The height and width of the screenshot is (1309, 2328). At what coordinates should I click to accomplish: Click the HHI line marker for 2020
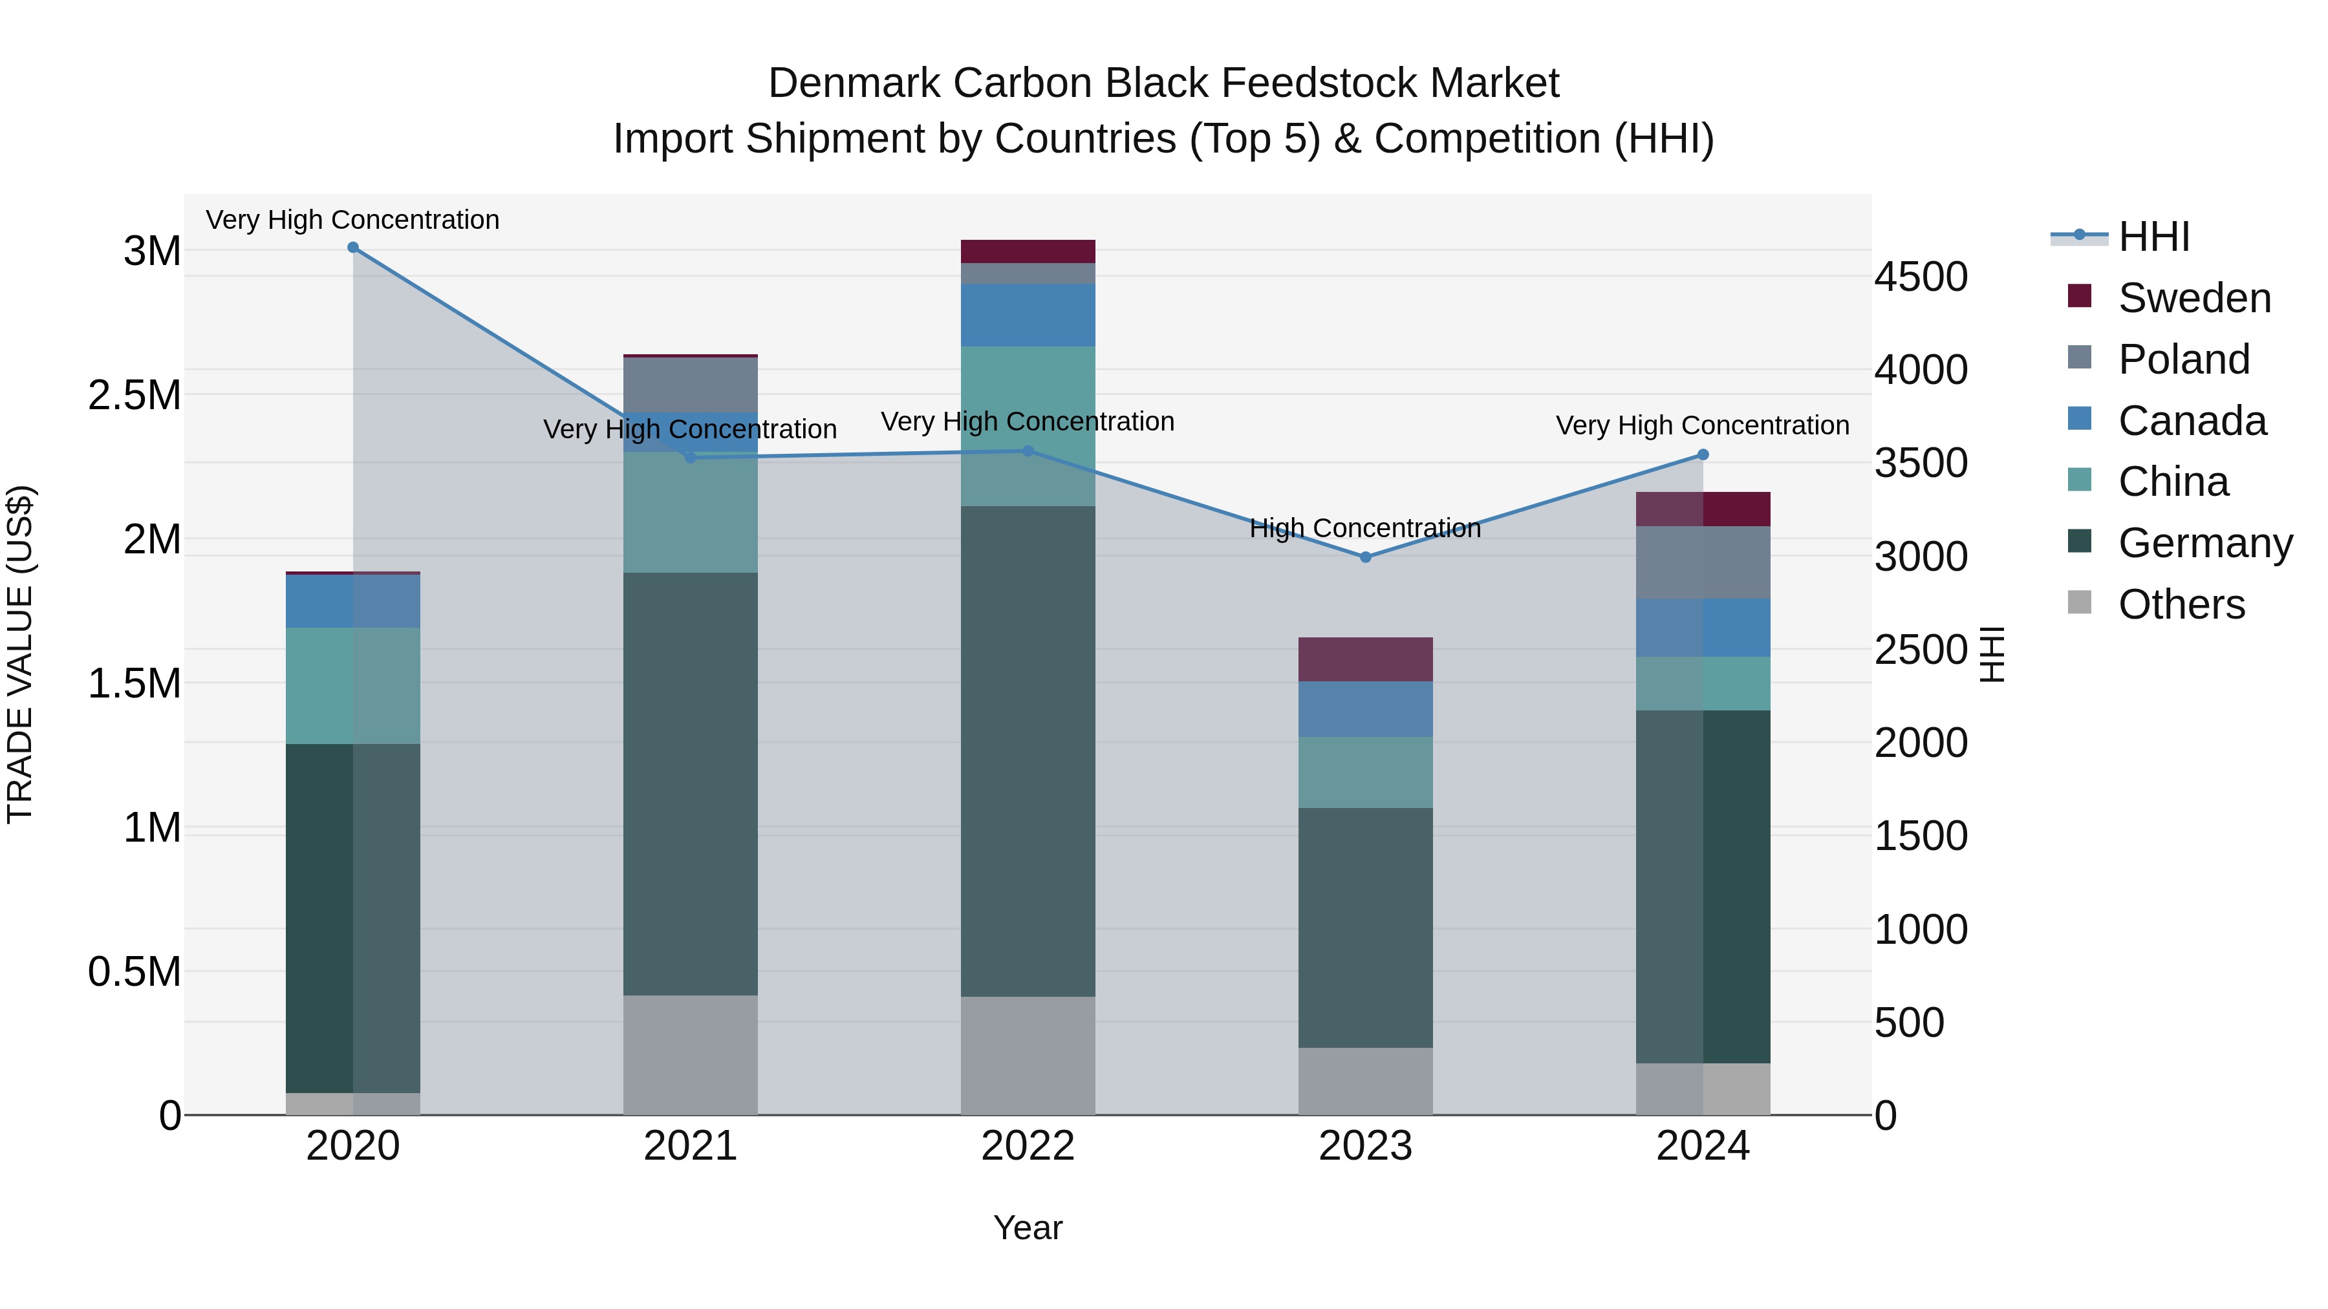pyautogui.click(x=353, y=248)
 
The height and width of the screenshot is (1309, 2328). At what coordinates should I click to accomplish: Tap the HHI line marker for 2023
pyautogui.click(x=1366, y=557)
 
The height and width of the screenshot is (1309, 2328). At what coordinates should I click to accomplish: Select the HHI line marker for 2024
pyautogui.click(x=1703, y=454)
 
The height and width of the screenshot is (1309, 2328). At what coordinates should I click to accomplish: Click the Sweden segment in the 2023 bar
pyautogui.click(x=1366, y=659)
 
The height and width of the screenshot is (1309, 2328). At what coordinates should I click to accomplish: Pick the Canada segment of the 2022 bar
pyautogui.click(x=1028, y=315)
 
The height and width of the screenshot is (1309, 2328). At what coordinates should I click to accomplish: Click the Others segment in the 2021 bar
pyautogui.click(x=691, y=1054)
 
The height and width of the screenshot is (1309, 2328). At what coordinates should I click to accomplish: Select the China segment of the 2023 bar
pyautogui.click(x=1366, y=772)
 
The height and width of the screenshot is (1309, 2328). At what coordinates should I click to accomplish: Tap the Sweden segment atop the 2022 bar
pyautogui.click(x=1028, y=251)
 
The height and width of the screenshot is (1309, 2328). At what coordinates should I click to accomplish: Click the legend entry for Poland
pyautogui.click(x=2183, y=359)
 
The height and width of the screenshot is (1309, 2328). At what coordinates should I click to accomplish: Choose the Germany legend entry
pyautogui.click(x=2204, y=543)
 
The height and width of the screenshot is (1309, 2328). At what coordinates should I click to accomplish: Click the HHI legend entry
pyautogui.click(x=2153, y=237)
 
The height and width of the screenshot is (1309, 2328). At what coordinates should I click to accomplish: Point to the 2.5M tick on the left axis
pyautogui.click(x=135, y=396)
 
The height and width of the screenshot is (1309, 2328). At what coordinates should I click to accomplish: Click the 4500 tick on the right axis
pyautogui.click(x=1921, y=277)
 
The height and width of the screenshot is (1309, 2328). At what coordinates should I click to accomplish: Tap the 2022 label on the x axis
pyautogui.click(x=1028, y=1146)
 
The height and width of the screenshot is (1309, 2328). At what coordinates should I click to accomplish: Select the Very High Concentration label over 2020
pyautogui.click(x=352, y=220)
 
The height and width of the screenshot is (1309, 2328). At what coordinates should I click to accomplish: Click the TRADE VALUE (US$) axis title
pyautogui.click(x=20, y=654)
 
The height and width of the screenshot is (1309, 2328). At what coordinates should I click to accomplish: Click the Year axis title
pyautogui.click(x=1028, y=1228)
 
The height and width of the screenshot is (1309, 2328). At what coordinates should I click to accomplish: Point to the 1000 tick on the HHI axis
pyautogui.click(x=1921, y=930)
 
